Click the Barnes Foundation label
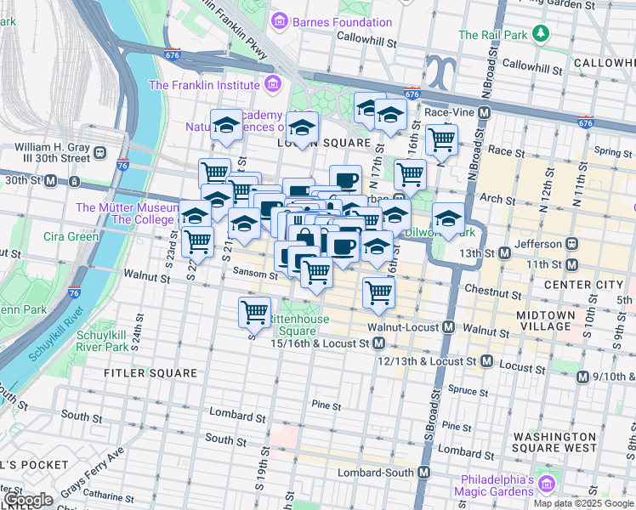click(343, 22)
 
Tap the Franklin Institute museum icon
click(272, 84)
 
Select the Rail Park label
click(493, 35)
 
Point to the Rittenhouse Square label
click(292, 325)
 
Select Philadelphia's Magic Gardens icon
click(546, 484)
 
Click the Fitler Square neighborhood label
click(150, 373)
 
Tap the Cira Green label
click(71, 236)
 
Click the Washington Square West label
click(554, 442)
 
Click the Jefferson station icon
click(572, 242)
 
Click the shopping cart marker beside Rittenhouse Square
click(255, 312)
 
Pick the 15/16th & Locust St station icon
click(379, 343)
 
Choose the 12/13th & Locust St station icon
click(486, 361)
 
